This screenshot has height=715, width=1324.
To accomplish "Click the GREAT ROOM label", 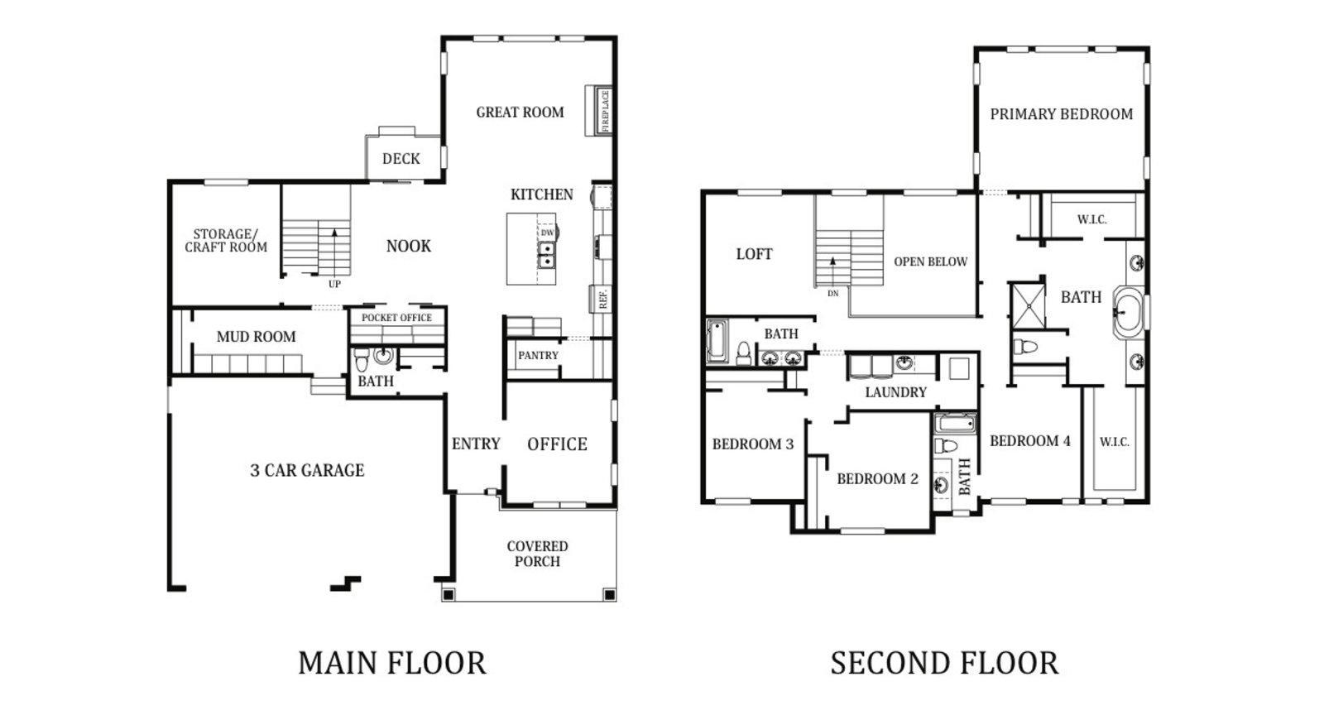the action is point(520,113).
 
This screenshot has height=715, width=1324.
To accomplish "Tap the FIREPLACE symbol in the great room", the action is point(599,111).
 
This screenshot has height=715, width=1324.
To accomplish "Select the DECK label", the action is point(401,159).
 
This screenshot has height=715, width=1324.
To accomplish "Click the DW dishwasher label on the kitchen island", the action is point(548,233).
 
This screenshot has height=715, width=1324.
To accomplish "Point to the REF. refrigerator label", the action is point(603,299).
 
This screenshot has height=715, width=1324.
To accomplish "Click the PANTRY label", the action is point(539,356).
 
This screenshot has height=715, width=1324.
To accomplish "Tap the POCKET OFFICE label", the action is point(396,318).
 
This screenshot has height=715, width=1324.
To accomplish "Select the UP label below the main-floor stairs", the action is point(334,284).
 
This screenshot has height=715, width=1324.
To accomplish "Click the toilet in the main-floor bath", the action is point(361,359).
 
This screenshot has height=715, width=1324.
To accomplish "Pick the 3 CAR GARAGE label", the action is point(307,470).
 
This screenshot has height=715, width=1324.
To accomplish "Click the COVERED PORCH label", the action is point(537,554).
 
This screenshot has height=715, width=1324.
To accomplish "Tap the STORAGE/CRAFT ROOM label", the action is point(226,241).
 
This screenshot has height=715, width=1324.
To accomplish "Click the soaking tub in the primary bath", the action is point(1129,313).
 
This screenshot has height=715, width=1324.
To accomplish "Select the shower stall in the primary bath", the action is point(1029,305).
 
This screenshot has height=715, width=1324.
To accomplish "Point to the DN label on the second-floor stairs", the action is point(832,294).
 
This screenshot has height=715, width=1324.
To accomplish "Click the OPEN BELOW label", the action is point(930,262).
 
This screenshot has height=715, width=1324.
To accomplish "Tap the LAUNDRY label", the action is point(895,392).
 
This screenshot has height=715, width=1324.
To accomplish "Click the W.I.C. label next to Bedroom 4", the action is point(1114,442).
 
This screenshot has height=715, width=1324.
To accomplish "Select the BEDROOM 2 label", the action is point(878,478).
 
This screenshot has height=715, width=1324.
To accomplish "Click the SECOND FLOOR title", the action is point(944,663).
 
